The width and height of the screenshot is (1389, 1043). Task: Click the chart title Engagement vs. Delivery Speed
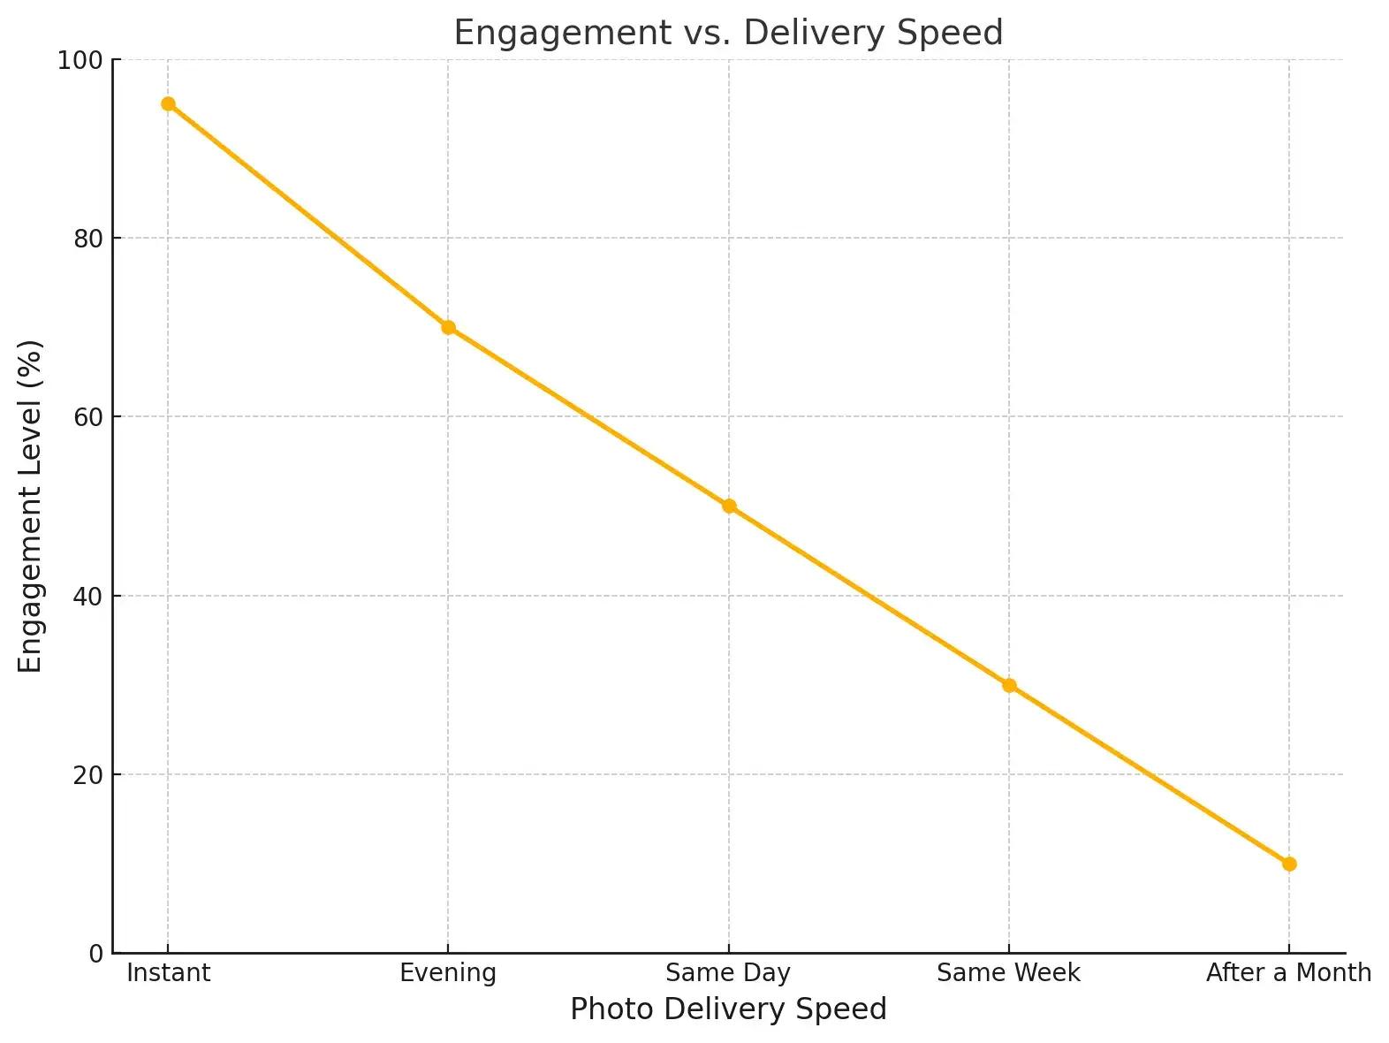(x=728, y=33)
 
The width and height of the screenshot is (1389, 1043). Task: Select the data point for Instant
(x=168, y=104)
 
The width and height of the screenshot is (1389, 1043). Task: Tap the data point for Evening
(x=448, y=328)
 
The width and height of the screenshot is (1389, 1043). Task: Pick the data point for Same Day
(x=729, y=506)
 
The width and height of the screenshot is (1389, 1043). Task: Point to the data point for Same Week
(x=1009, y=685)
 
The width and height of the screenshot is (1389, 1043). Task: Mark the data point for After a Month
(x=1289, y=864)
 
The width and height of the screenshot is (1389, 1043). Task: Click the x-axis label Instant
(x=168, y=973)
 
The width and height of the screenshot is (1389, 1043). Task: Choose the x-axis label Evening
(x=448, y=973)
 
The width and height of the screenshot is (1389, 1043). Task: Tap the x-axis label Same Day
(x=728, y=973)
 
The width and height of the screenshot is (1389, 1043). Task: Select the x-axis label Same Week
(x=1008, y=973)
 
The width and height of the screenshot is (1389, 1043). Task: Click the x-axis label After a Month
(x=1288, y=973)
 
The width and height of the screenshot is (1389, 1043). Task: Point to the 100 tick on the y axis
(x=80, y=61)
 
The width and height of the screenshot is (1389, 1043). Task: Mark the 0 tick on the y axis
(x=95, y=954)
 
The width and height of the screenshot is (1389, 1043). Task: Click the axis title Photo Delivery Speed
(x=728, y=1009)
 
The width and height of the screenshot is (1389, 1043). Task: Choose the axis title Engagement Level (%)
(x=31, y=506)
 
